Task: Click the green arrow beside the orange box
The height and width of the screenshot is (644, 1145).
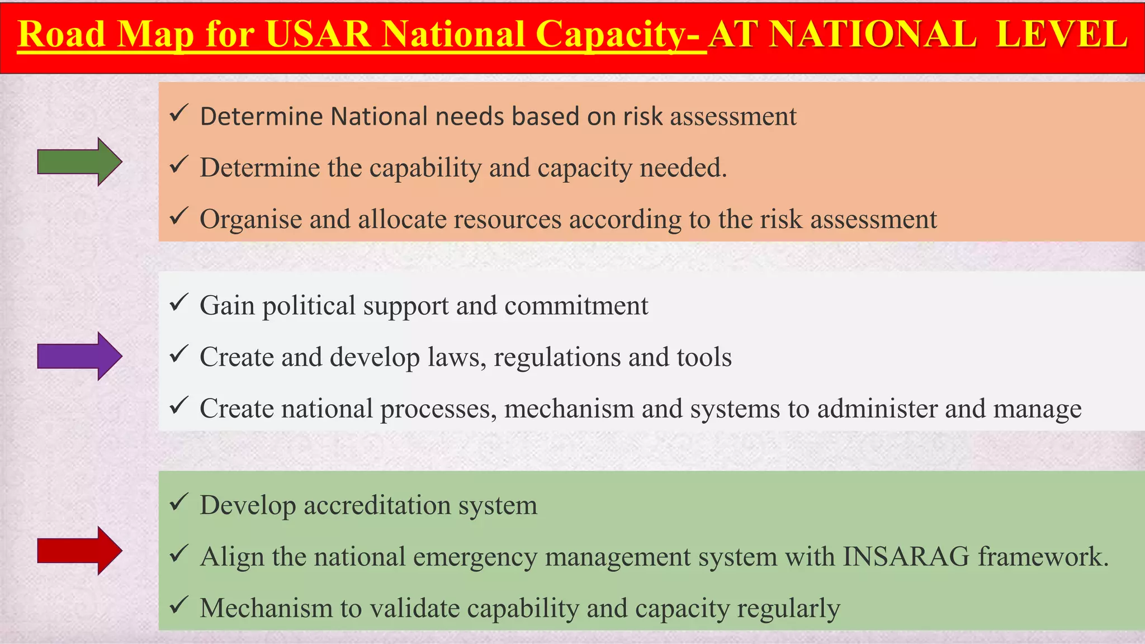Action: click(79, 162)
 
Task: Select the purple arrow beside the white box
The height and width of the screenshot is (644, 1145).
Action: click(79, 356)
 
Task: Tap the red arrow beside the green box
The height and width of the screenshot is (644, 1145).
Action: click(79, 551)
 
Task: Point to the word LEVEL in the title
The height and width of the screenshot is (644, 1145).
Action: click(1062, 35)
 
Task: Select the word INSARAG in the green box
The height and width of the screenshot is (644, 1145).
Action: click(906, 557)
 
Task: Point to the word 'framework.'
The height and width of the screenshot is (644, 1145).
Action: click(1043, 557)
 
